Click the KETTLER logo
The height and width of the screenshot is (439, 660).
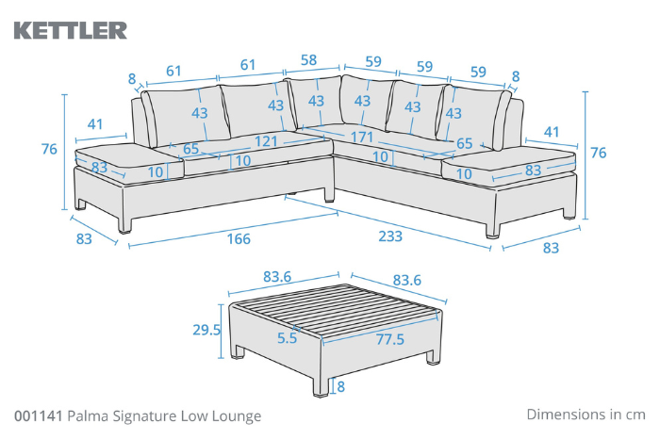[70, 30]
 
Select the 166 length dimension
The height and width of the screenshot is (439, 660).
[239, 239]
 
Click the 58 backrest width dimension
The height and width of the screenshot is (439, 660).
[307, 61]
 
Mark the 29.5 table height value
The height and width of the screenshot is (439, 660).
[206, 330]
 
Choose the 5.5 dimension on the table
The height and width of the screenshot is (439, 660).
[288, 335]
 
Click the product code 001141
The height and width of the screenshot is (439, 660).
[39, 415]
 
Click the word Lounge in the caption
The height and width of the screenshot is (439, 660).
[237, 415]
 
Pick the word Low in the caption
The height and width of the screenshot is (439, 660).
[198, 415]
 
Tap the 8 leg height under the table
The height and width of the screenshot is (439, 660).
[341, 386]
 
